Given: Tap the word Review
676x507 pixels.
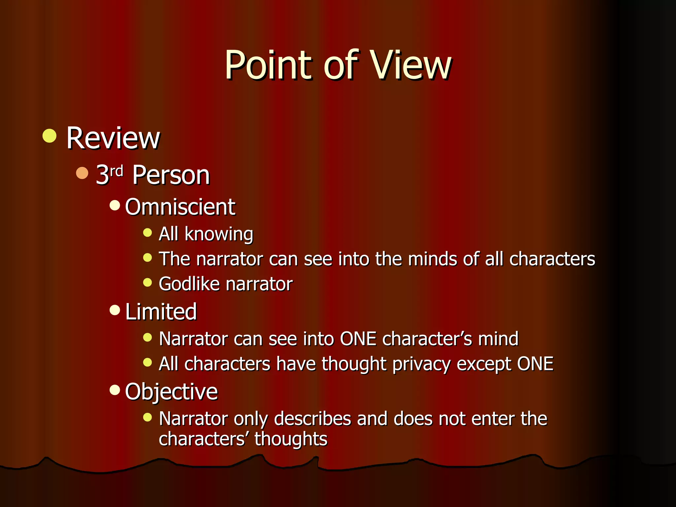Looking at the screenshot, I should coord(113,138).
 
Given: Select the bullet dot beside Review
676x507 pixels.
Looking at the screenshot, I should coord(50,136).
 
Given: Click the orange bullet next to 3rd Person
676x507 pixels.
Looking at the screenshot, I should coord(82,173).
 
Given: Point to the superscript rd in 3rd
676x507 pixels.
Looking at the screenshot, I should coord(116,171).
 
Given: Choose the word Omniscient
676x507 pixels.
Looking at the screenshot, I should coord(180,207).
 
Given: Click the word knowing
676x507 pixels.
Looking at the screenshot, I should coord(219,234).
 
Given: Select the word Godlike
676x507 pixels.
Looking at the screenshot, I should coord(189,284).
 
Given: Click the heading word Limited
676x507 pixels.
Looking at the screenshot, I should coord(161,312).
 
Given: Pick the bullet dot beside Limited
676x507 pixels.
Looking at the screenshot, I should coord(115,310).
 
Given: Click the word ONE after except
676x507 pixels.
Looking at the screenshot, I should coord(535,364).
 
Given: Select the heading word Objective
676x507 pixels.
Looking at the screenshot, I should coord(172,392).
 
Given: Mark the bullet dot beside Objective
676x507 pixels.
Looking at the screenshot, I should coord(115,390).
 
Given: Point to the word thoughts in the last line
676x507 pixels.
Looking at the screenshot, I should coord(290,439).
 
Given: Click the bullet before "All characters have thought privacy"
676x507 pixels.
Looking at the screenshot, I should coord(148,362).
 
